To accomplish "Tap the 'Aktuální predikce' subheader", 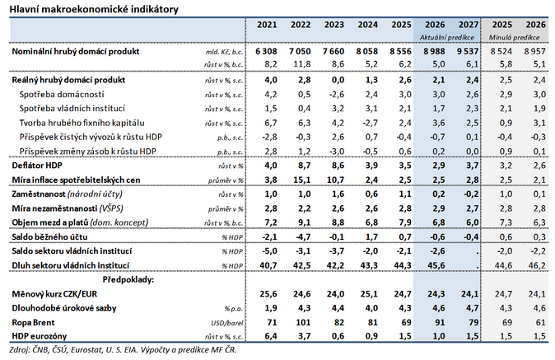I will (444, 38).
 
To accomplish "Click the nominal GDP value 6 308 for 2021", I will (266, 51).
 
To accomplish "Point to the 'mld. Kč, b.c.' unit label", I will (225, 52).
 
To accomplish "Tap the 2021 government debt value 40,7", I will (266, 264).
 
